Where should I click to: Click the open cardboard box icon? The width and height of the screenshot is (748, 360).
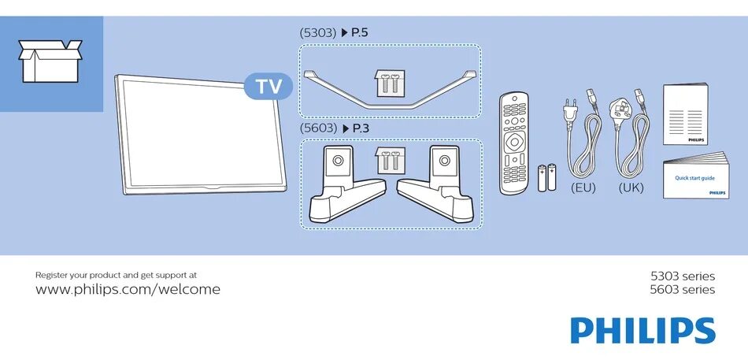[50, 61]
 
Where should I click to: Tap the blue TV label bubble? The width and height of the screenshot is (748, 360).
[268, 87]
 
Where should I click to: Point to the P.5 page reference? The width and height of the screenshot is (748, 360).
[355, 33]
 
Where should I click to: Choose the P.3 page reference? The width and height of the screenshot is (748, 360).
[356, 128]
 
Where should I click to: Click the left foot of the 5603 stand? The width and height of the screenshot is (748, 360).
[345, 185]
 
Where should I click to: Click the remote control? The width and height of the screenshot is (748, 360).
[513, 143]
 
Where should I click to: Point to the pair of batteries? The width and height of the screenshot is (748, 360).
[546, 178]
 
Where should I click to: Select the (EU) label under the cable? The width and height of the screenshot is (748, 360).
[583, 188]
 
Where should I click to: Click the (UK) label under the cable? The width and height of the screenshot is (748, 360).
[631, 188]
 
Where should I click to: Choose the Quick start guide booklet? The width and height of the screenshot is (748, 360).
[694, 177]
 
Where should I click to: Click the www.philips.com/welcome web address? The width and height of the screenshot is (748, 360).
[128, 290]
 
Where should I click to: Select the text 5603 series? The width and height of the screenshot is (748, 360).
[682, 290]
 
